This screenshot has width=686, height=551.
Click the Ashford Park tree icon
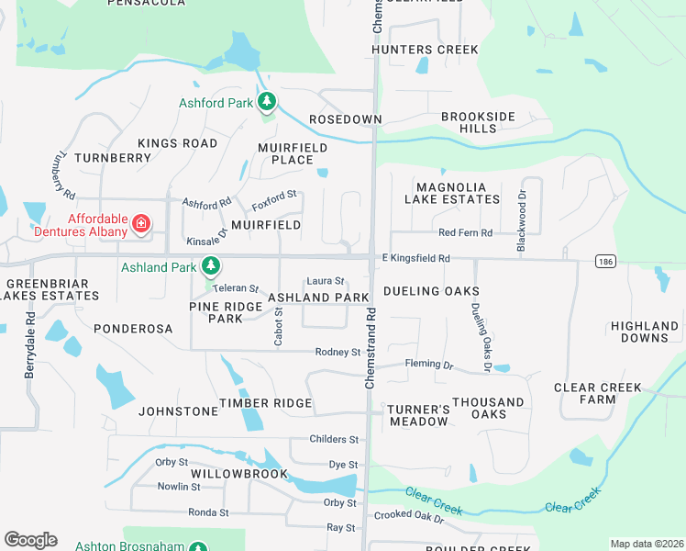[x=267, y=100]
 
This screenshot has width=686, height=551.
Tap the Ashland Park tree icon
[x=212, y=266]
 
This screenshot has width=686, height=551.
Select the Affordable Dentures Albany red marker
[x=140, y=223]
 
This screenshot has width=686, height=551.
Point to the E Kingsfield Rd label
[x=415, y=259]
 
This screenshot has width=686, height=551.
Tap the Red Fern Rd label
[x=465, y=233]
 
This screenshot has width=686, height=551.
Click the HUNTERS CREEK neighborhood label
[x=425, y=49]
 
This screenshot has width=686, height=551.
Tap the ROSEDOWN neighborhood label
[x=345, y=120]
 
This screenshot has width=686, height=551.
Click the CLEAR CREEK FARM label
[x=598, y=394]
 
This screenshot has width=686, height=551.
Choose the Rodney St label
[x=337, y=352]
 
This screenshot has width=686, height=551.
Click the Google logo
[x=30, y=540]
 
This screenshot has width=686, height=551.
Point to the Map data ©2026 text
[x=646, y=544]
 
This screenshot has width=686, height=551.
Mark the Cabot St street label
[x=279, y=326]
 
